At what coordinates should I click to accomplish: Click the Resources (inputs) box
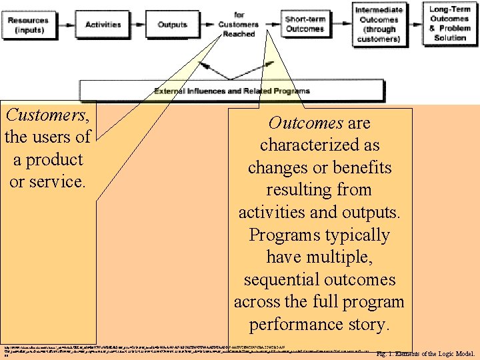coord(28,25)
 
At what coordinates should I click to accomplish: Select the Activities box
coord(103,25)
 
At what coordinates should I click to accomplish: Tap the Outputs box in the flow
coord(172,25)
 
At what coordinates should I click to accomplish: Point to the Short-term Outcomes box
coord(305,24)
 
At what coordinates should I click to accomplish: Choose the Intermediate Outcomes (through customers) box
coord(379,24)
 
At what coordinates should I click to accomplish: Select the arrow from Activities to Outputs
coord(139,25)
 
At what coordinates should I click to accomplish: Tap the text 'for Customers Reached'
coord(239,25)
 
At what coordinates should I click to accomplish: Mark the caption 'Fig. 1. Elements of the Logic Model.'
coord(425,353)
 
